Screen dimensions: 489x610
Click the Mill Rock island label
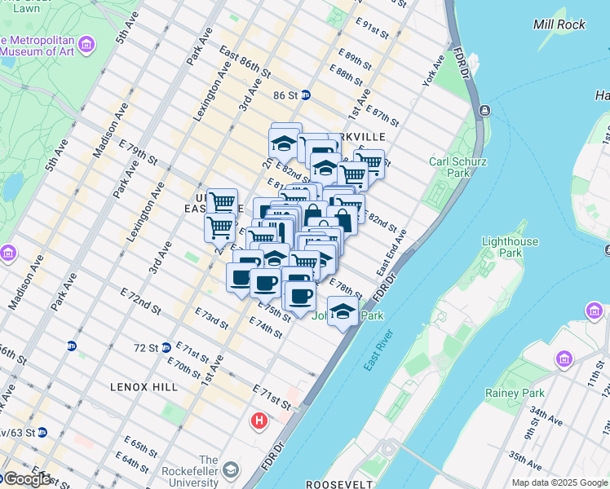(x=559, y=24)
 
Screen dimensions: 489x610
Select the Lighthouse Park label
(x=510, y=248)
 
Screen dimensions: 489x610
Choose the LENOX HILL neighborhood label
(x=144, y=385)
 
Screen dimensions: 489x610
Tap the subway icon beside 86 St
(x=306, y=95)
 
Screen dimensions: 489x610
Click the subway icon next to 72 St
(x=166, y=347)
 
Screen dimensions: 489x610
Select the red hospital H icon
(x=259, y=421)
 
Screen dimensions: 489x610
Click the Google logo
(x=27, y=479)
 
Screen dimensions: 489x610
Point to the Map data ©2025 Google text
(x=559, y=482)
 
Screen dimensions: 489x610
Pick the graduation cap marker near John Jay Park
(x=343, y=311)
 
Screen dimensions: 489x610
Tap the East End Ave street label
(x=391, y=255)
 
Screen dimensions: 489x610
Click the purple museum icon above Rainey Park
(x=563, y=359)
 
